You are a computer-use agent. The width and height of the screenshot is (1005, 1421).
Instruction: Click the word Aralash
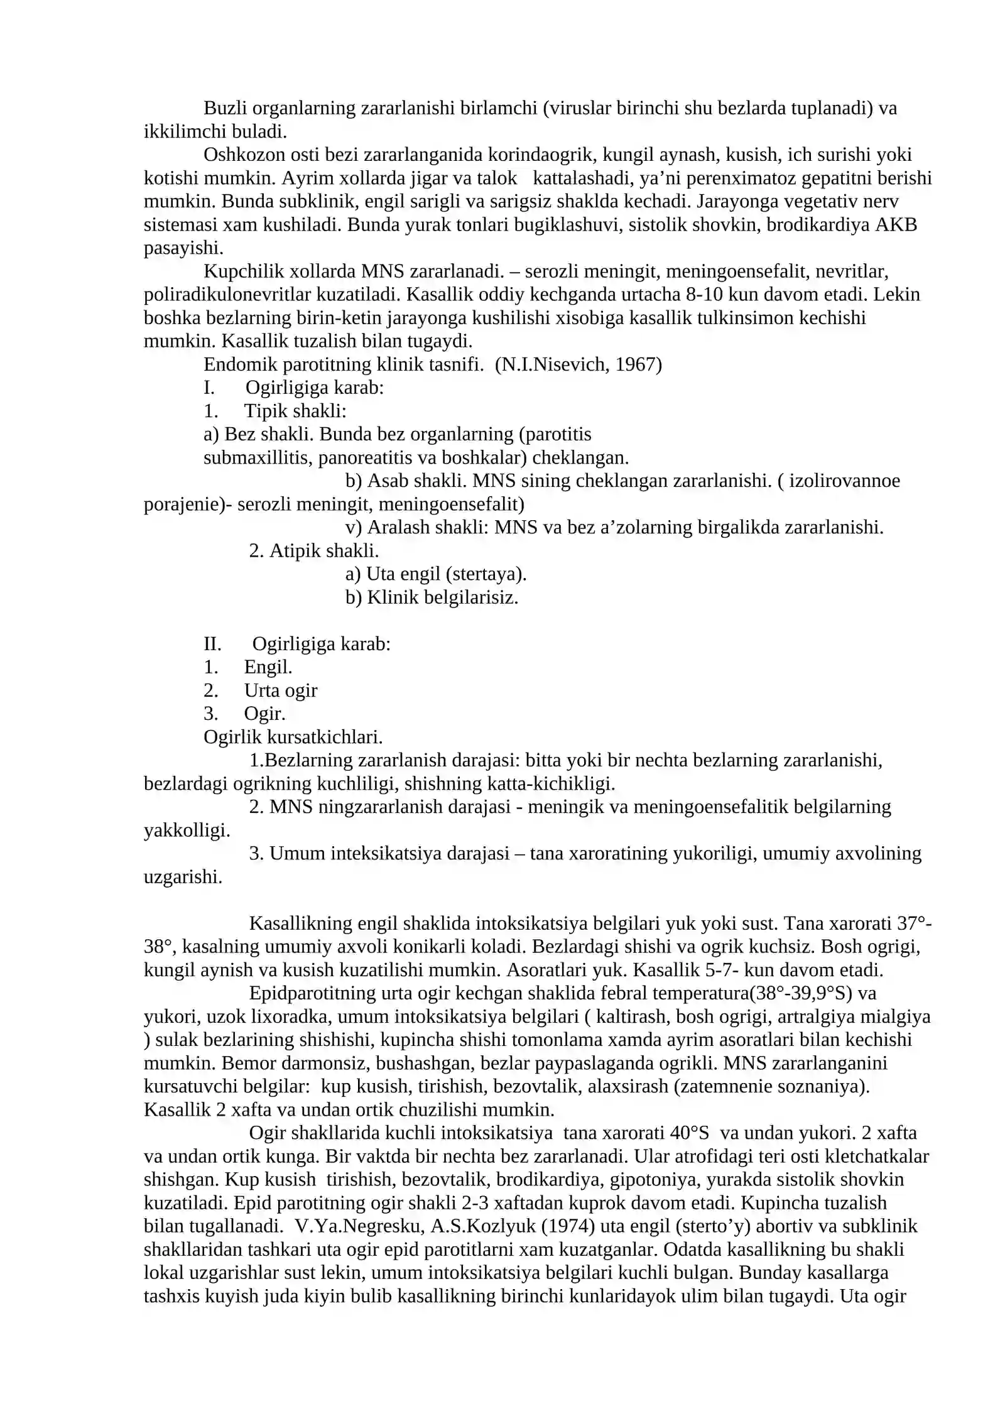[398, 527]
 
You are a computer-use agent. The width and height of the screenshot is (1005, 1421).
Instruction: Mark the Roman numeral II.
[212, 644]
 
